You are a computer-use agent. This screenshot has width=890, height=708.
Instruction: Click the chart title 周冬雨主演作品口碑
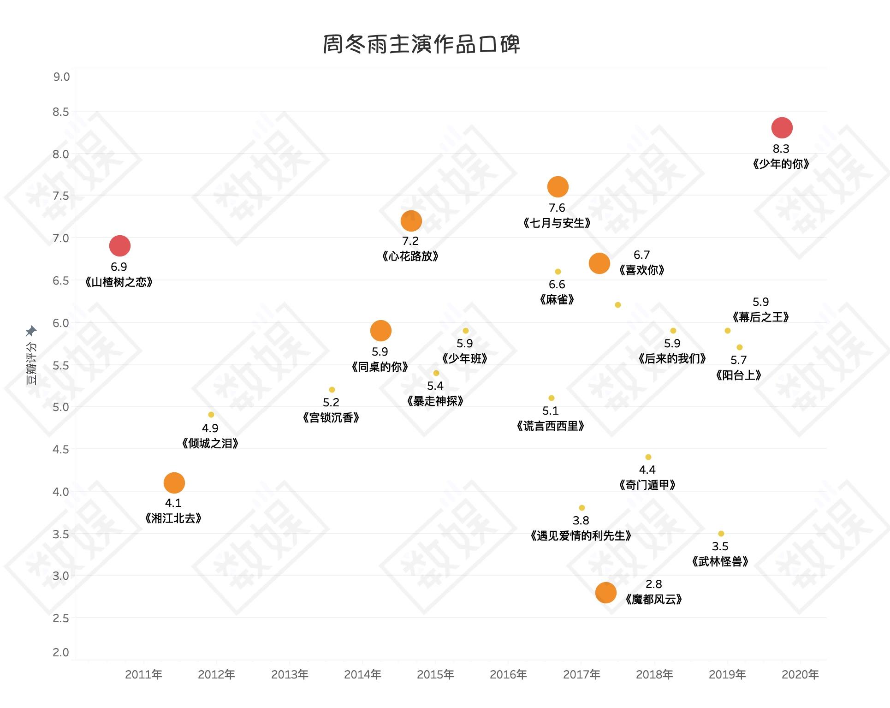[x=421, y=44]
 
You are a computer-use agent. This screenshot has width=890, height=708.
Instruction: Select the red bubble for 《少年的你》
[x=782, y=128]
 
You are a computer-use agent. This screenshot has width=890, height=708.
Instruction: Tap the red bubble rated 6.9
[x=120, y=246]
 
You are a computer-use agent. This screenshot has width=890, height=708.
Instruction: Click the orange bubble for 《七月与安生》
[x=558, y=187]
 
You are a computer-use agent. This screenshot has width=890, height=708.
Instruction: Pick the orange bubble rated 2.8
[x=605, y=593]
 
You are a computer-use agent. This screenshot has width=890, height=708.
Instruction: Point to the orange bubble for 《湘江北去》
[x=174, y=483]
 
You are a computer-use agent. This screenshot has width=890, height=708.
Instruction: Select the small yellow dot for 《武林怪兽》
[x=721, y=534]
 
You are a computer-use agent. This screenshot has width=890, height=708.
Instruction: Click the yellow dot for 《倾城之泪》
[x=211, y=415]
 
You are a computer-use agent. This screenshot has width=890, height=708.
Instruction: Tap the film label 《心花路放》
[x=410, y=256]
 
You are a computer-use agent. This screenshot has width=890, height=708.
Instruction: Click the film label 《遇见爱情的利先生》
[x=581, y=536]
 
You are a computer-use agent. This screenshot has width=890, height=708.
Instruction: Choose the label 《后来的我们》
[x=672, y=359]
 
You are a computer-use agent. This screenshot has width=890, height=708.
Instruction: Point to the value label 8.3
[x=781, y=149]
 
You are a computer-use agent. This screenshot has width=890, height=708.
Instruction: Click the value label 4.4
[x=647, y=470]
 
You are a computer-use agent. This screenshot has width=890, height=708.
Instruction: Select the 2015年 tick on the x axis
[x=435, y=675]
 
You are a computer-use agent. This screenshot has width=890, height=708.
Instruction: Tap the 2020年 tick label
[x=800, y=675]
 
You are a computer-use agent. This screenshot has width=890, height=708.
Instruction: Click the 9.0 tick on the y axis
[x=61, y=77]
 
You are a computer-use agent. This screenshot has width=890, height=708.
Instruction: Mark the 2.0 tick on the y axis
[x=61, y=652]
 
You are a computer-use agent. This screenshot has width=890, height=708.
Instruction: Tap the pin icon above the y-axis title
[x=31, y=331]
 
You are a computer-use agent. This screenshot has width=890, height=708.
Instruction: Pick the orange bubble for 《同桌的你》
[x=380, y=331]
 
